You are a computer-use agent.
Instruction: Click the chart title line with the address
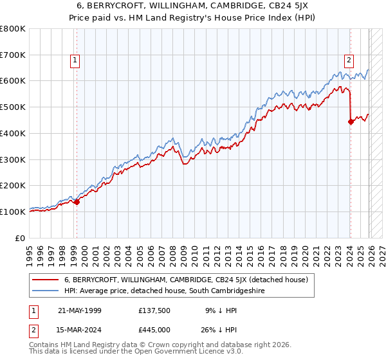click(192, 6)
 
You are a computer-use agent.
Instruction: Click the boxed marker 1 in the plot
click(76, 61)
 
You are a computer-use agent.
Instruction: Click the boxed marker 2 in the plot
click(349, 61)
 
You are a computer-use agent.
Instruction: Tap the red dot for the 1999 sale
click(77, 202)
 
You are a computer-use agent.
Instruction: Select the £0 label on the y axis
click(21, 237)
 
